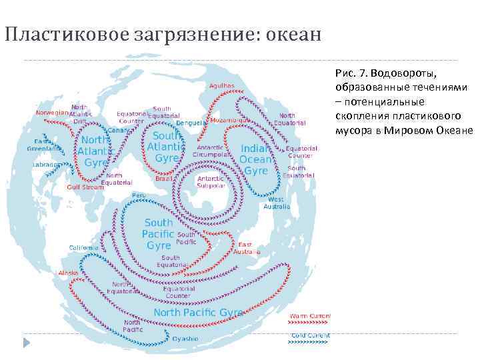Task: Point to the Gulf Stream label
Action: coord(86,187)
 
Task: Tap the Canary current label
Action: coord(118,130)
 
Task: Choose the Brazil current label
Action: coord(163,179)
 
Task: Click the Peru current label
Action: coord(139,195)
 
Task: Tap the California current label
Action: coord(85,247)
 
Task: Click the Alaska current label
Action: coord(68,273)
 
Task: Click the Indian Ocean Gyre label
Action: coord(256,160)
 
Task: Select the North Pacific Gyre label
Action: coord(199,312)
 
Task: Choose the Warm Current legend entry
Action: coord(310,315)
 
